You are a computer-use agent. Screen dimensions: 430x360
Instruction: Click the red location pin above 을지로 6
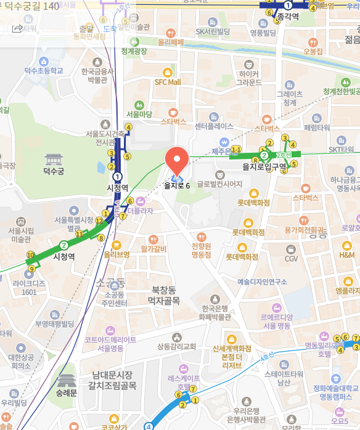(176, 161)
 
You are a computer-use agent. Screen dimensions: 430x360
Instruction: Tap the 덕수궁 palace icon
(54, 158)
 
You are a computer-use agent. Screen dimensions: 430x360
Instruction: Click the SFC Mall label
(168, 81)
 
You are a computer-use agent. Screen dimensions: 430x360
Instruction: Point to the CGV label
(291, 259)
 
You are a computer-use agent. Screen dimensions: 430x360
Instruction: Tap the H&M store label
(346, 254)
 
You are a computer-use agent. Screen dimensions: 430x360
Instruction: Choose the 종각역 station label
(287, 18)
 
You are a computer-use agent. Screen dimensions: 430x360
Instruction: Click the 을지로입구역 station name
(264, 166)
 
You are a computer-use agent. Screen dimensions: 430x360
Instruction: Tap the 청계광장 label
(134, 51)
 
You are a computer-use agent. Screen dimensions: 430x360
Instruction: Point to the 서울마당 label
(139, 114)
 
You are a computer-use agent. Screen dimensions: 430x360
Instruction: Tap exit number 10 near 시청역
(30, 255)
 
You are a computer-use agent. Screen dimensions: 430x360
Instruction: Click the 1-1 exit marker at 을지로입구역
(235, 149)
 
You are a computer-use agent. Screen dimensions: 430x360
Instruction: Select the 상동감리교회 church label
(177, 345)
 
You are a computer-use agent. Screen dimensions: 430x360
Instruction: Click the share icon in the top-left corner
(17, 28)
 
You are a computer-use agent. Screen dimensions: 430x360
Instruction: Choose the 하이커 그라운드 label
(248, 77)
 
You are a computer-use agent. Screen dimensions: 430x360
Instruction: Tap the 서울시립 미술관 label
(20, 235)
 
